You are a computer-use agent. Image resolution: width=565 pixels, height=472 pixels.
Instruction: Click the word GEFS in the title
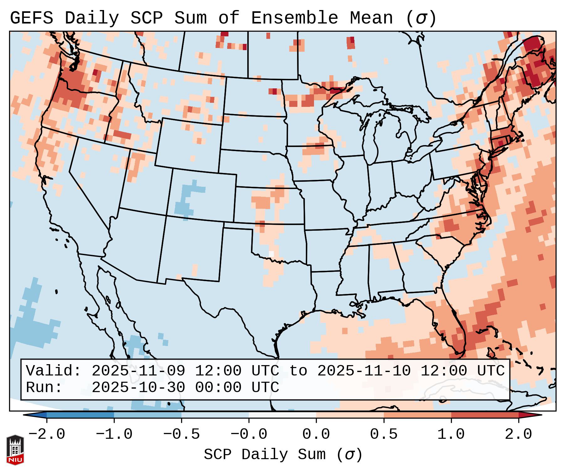[31, 18]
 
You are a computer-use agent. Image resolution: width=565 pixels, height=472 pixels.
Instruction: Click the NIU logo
[15, 450]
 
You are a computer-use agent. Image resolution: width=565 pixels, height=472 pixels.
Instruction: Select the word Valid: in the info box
[54, 371]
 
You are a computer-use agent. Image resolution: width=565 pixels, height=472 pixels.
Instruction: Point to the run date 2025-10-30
[138, 387]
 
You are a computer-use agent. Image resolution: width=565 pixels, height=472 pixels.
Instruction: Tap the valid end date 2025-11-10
[364, 371]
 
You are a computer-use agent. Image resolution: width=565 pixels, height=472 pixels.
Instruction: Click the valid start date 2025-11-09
[138, 371]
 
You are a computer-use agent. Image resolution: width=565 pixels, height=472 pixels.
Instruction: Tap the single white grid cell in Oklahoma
[271, 254]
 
